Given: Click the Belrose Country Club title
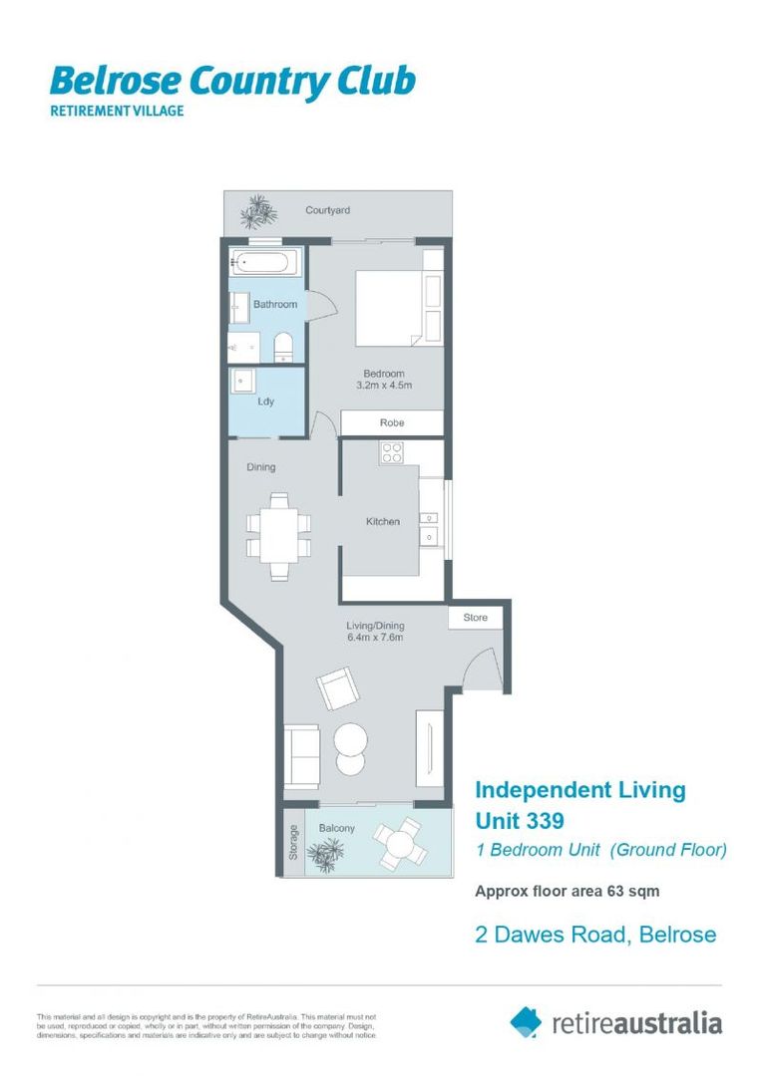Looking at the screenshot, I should click(231, 82).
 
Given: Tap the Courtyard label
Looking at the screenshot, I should click(327, 211).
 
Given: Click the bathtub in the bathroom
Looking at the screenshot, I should click(261, 264).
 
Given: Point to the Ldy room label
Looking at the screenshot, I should click(265, 402).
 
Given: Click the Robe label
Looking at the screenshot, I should click(392, 423).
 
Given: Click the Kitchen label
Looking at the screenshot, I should click(382, 521).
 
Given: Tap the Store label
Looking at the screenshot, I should click(476, 618).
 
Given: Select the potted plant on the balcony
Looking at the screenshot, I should click(326, 852).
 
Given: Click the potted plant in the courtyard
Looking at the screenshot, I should click(259, 212).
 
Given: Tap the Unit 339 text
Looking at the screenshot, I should click(520, 821).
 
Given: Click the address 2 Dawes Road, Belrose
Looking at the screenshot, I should click(594, 934).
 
